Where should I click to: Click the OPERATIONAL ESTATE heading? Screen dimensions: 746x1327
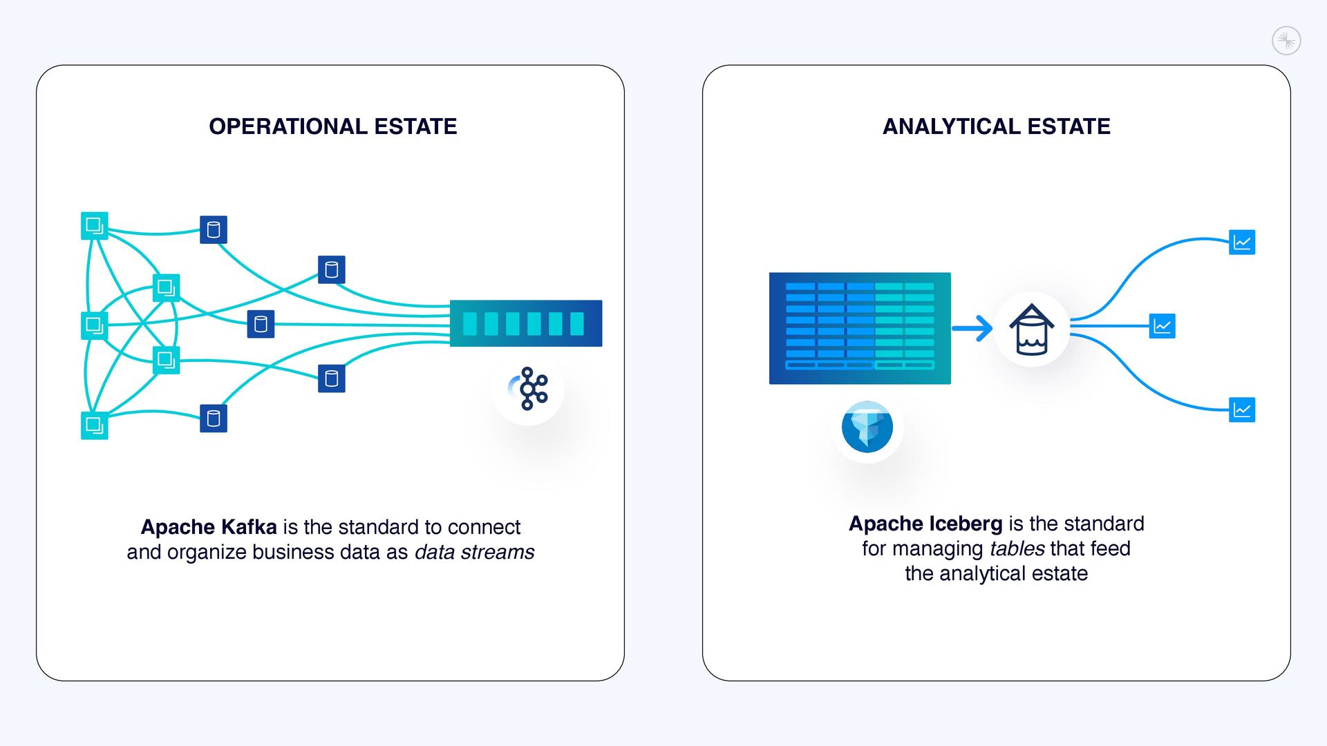[x=332, y=126]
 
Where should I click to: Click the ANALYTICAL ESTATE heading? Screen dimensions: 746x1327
[x=996, y=126]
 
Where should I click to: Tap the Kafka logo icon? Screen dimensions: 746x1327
[x=529, y=389]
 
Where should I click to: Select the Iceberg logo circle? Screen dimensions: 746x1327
[x=867, y=427]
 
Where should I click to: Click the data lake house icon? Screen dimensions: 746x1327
[x=1031, y=329]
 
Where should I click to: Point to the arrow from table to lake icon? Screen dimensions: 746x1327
[x=972, y=328]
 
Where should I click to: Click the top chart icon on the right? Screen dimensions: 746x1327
[x=1241, y=242]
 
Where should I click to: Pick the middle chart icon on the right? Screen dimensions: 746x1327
[x=1162, y=326]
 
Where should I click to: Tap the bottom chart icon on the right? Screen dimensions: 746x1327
[x=1241, y=410]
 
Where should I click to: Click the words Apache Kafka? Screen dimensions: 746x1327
[x=209, y=527]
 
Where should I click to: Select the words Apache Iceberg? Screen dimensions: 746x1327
[x=925, y=524]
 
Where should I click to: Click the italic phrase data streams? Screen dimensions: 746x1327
[x=474, y=553]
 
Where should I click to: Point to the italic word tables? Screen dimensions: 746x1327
[x=1017, y=548]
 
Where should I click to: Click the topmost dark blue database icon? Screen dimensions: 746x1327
[x=214, y=230]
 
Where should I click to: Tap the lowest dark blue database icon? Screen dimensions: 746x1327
[x=214, y=419]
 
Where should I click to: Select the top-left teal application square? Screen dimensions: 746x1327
[x=95, y=226]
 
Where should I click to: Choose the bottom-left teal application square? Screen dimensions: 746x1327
[x=95, y=425]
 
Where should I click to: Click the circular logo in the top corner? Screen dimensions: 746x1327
[x=1286, y=41]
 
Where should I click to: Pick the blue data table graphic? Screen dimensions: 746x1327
[x=860, y=328]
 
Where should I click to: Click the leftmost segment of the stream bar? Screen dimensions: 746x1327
[x=470, y=323]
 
